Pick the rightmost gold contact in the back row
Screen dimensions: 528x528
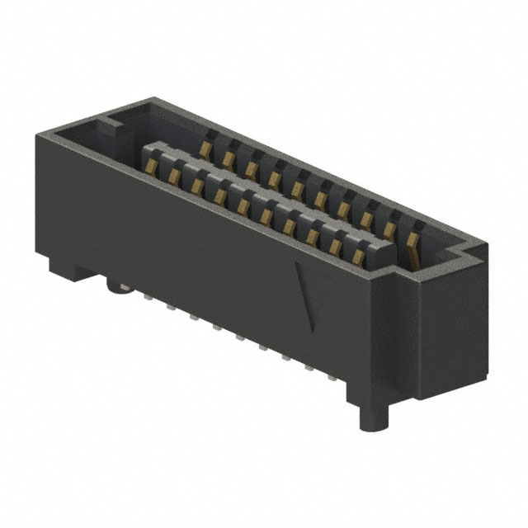(x=412, y=240)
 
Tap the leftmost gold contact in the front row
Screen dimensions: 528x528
(x=153, y=166)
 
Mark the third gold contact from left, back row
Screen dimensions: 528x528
(x=249, y=167)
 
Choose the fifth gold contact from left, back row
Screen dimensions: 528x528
(x=295, y=189)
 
